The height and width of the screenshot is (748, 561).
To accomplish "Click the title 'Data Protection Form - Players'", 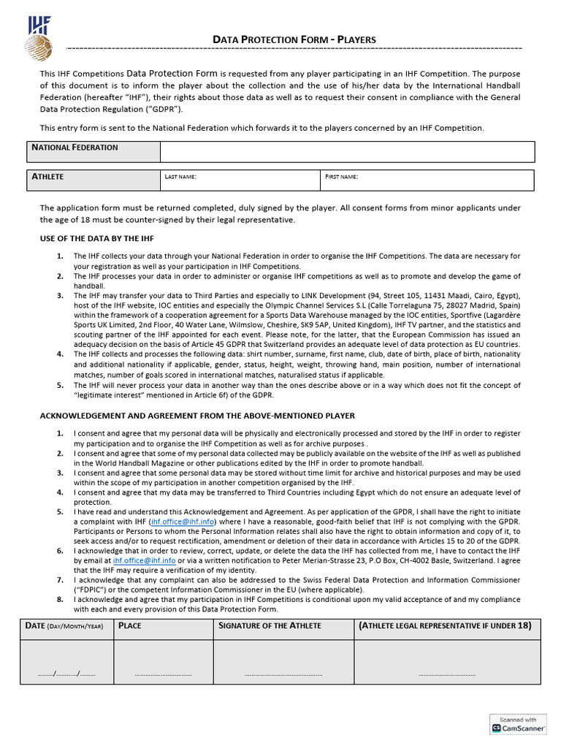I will (294, 39).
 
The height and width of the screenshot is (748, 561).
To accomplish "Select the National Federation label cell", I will (93, 151).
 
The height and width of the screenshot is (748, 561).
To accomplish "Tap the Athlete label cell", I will (93, 180).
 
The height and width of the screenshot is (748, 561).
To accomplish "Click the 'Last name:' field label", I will (180, 178).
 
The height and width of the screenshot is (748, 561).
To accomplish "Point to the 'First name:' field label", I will (342, 178).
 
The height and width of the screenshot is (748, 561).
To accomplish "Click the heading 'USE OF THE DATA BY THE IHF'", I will (96, 239).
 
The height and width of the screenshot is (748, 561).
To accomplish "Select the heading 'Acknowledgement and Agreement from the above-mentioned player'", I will (197, 416).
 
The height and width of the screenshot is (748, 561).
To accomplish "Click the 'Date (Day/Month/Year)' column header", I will (65, 626).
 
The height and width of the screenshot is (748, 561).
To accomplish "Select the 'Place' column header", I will (130, 626).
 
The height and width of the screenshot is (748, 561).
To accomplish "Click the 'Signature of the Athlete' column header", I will (270, 626).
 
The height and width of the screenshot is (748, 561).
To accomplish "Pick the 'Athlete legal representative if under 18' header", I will (445, 626).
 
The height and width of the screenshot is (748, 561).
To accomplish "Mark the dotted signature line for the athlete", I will (283, 673).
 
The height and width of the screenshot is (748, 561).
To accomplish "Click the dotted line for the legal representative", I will (446, 673).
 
